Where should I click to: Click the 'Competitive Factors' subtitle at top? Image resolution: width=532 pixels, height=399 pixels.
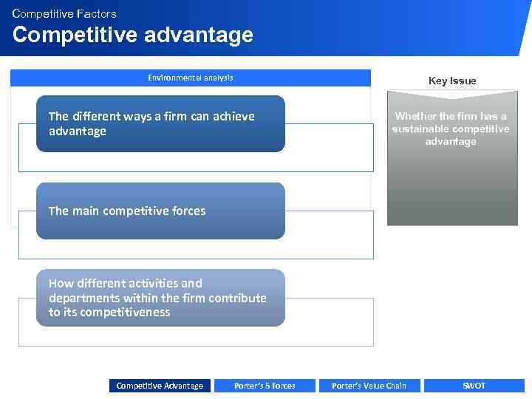pyautogui.click(x=64, y=13)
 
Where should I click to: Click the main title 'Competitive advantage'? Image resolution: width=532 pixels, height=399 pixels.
pyautogui.click(x=133, y=35)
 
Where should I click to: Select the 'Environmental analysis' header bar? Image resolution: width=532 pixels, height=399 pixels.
pyautogui.click(x=191, y=78)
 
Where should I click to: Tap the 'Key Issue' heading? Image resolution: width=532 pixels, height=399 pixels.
pyautogui.click(x=452, y=81)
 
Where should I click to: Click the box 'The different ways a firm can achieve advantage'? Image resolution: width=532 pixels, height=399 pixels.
pyautogui.click(x=160, y=123)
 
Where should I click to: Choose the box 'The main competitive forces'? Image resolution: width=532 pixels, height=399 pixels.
pyautogui.click(x=160, y=211)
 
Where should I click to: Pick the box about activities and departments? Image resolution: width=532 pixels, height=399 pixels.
pyautogui.click(x=160, y=298)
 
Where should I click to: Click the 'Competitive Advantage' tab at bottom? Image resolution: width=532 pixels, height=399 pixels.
pyautogui.click(x=160, y=386)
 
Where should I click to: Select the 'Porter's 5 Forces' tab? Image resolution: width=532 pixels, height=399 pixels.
pyautogui.click(x=265, y=386)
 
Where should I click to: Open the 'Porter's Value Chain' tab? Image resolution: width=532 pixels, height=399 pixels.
pyautogui.click(x=369, y=386)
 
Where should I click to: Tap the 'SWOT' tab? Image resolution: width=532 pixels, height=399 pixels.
pyautogui.click(x=474, y=386)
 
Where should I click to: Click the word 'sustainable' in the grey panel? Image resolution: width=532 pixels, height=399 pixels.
pyautogui.click(x=419, y=129)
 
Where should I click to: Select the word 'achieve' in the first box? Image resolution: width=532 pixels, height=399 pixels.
pyautogui.click(x=233, y=116)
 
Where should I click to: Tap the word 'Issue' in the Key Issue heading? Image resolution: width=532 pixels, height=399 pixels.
pyautogui.click(x=463, y=81)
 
